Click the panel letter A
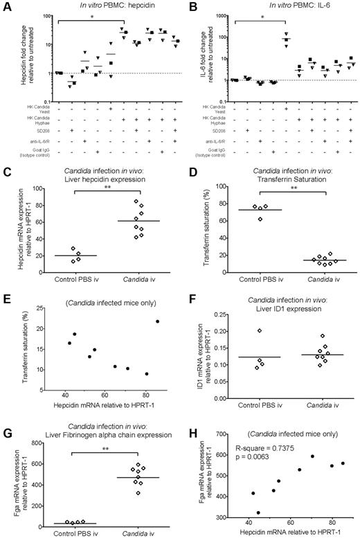coord(6,6)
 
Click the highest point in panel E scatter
coord(158,321)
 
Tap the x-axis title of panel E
coord(104,401)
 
